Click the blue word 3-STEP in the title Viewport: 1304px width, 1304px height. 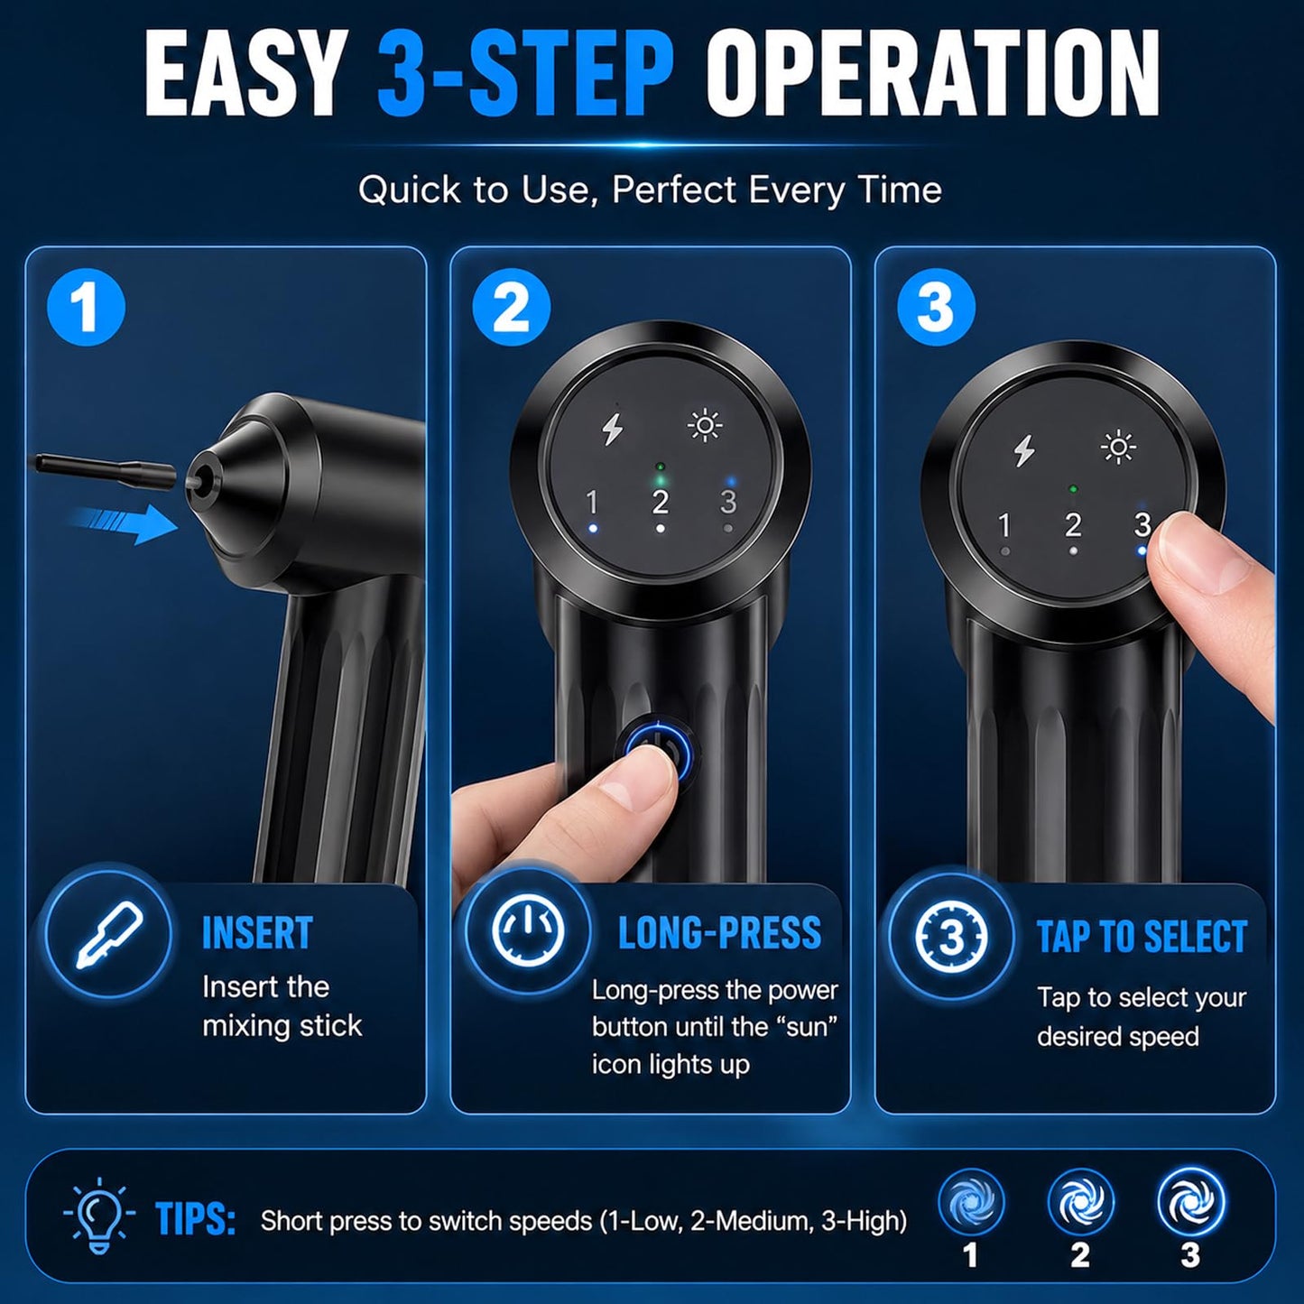pyautogui.click(x=525, y=74)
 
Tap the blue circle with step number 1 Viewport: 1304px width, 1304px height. pyautogui.click(x=86, y=308)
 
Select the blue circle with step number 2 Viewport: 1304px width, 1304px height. pyautogui.click(x=511, y=308)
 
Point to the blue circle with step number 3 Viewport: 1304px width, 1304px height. pyautogui.click(x=936, y=308)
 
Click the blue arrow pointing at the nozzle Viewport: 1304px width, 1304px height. pyautogui.click(x=123, y=523)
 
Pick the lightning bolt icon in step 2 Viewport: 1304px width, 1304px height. pyautogui.click(x=613, y=429)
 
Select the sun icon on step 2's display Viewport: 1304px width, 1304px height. pyautogui.click(x=705, y=426)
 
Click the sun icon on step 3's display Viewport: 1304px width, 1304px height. pyautogui.click(x=1118, y=448)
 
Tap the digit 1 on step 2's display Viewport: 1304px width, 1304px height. pyautogui.click(x=592, y=503)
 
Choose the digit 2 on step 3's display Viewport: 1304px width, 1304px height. pyautogui.click(x=1073, y=526)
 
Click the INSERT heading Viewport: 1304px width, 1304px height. pyautogui.click(x=257, y=933)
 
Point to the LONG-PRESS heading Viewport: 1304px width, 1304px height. pyautogui.click(x=719, y=932)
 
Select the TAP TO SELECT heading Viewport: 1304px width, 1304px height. pyautogui.click(x=1142, y=937)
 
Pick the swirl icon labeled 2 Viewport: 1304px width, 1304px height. pyautogui.click(x=1080, y=1203)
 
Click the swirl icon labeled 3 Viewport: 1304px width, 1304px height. pyautogui.click(x=1191, y=1203)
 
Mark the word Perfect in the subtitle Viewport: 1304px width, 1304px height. pyautogui.click(x=674, y=190)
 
